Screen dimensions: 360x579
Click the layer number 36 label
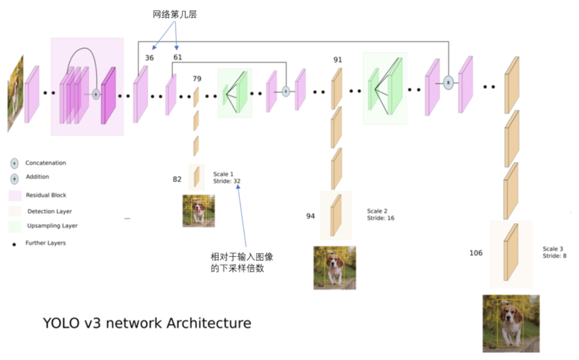(x=149, y=57)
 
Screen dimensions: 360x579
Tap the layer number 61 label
(x=178, y=57)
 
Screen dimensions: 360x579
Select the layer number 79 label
(x=197, y=79)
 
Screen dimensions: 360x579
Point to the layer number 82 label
(x=177, y=179)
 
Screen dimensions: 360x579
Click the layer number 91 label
(x=337, y=60)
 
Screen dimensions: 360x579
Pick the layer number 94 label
(x=310, y=216)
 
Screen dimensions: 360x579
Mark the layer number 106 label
(x=476, y=253)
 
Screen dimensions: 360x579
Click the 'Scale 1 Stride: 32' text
(x=227, y=178)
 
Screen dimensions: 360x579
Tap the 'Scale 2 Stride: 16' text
(x=381, y=215)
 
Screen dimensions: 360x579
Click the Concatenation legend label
(x=46, y=163)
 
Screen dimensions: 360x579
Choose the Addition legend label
(x=37, y=177)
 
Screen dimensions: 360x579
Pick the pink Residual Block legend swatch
(x=14, y=196)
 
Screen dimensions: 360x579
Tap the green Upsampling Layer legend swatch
(x=14, y=226)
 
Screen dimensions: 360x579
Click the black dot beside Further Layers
(x=14, y=244)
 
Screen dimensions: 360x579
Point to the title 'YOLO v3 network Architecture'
(x=146, y=324)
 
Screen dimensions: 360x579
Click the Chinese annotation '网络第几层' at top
(x=175, y=14)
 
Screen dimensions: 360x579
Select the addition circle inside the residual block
(x=96, y=94)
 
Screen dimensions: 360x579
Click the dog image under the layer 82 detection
(x=198, y=211)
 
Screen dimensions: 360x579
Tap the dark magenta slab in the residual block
(x=108, y=95)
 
